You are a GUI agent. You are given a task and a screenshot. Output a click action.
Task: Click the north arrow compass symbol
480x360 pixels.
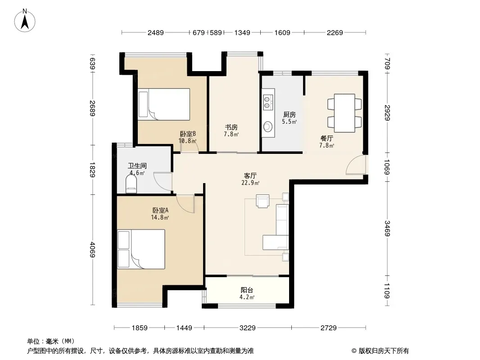[x=25, y=21]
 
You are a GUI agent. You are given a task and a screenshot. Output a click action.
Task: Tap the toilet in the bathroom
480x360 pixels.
[x=131, y=184]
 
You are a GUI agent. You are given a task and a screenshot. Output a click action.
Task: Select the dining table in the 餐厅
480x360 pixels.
[x=344, y=113]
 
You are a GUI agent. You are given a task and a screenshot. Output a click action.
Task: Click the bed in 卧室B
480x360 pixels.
[x=164, y=104]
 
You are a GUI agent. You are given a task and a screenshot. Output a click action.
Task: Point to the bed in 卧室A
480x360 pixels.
[x=141, y=249]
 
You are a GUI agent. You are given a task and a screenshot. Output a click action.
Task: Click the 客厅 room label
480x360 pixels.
[x=250, y=176]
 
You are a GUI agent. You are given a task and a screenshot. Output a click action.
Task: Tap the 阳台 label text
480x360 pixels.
[x=247, y=290]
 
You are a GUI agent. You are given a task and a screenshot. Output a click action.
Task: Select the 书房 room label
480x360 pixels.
[x=231, y=127]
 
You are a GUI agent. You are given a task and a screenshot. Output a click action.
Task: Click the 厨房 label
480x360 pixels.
[x=289, y=114]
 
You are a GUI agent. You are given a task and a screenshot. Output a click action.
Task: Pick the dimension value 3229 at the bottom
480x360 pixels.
[x=247, y=328]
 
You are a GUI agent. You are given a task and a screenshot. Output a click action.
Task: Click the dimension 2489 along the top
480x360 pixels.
[x=155, y=32]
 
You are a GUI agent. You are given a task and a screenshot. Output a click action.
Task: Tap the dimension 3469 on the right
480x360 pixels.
[x=387, y=228]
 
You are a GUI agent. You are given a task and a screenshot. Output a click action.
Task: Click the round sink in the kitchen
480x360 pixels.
[x=268, y=126]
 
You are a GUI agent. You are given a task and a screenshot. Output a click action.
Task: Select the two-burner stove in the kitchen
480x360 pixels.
[x=267, y=102]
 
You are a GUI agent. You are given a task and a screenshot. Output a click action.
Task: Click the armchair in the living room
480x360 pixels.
[x=263, y=201]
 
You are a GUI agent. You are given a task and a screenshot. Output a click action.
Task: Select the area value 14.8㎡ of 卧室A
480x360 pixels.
[x=160, y=217]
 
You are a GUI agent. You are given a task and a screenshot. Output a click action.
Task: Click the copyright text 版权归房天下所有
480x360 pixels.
[x=384, y=351]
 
